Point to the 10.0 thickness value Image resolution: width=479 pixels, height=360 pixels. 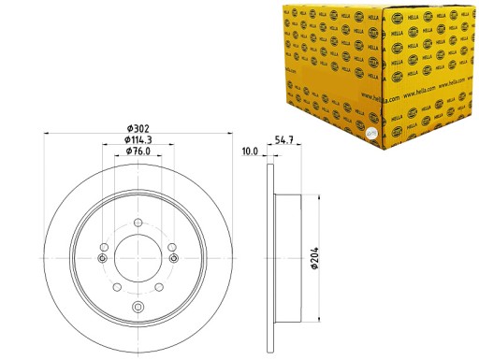(x=250, y=150)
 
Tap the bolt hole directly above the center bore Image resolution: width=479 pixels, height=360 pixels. (x=137, y=222)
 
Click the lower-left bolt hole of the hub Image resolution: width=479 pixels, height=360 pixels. (x=116, y=285)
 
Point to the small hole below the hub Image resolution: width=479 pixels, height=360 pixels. (x=137, y=309)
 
